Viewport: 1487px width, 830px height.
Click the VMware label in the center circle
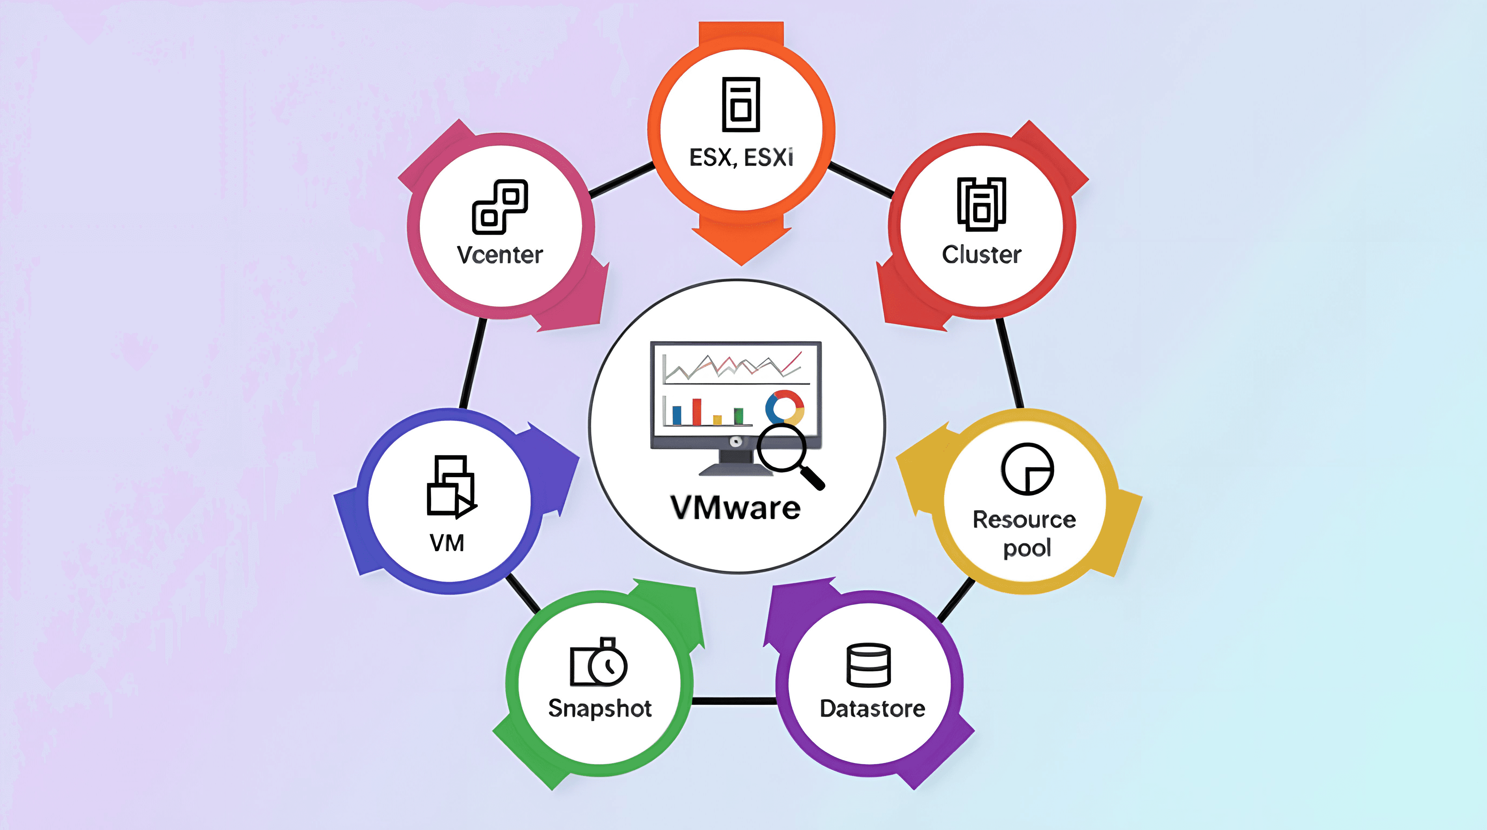coord(735,508)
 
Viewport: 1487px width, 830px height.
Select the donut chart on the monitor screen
coord(785,407)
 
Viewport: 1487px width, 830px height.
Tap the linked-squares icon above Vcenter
coord(500,207)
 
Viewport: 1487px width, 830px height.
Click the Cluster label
coord(981,254)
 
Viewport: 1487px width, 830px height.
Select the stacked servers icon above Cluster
coord(981,204)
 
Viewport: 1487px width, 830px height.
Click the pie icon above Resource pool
coord(1027,469)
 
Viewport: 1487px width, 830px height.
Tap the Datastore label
coord(872,708)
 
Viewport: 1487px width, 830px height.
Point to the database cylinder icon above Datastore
coord(868,665)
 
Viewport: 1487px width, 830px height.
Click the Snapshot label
coord(600,708)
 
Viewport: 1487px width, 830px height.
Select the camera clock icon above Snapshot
coord(599,663)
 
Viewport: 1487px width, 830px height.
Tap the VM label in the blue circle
coord(447,543)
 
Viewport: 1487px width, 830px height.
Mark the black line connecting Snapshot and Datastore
coord(734,701)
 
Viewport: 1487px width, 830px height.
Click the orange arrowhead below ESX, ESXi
coord(741,242)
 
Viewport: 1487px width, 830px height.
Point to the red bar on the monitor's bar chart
coord(697,411)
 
